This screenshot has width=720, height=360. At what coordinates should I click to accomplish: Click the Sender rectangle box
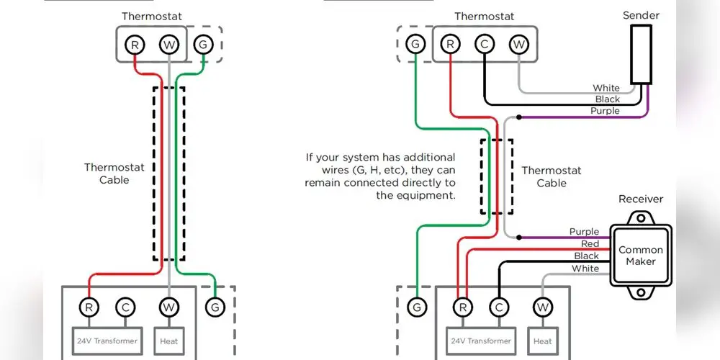[641, 55]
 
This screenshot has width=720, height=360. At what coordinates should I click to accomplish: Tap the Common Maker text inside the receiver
[641, 256]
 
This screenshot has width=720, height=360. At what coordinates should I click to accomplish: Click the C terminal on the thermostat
[483, 45]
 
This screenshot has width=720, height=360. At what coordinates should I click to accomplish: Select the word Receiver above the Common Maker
[641, 199]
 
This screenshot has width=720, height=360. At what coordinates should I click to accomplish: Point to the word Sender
[641, 15]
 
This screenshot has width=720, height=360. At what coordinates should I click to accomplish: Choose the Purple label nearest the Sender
[605, 111]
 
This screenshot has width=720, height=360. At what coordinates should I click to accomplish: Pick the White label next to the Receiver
[585, 269]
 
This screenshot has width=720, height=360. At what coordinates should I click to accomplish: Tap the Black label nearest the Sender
[607, 99]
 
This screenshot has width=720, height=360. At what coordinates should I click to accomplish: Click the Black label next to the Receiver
[586, 256]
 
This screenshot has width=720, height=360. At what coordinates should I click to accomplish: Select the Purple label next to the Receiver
[584, 232]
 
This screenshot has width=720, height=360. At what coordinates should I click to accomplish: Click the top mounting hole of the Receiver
[641, 217]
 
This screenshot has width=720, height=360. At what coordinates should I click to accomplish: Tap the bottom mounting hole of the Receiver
[641, 293]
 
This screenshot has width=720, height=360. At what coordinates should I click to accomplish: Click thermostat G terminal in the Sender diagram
[415, 45]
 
